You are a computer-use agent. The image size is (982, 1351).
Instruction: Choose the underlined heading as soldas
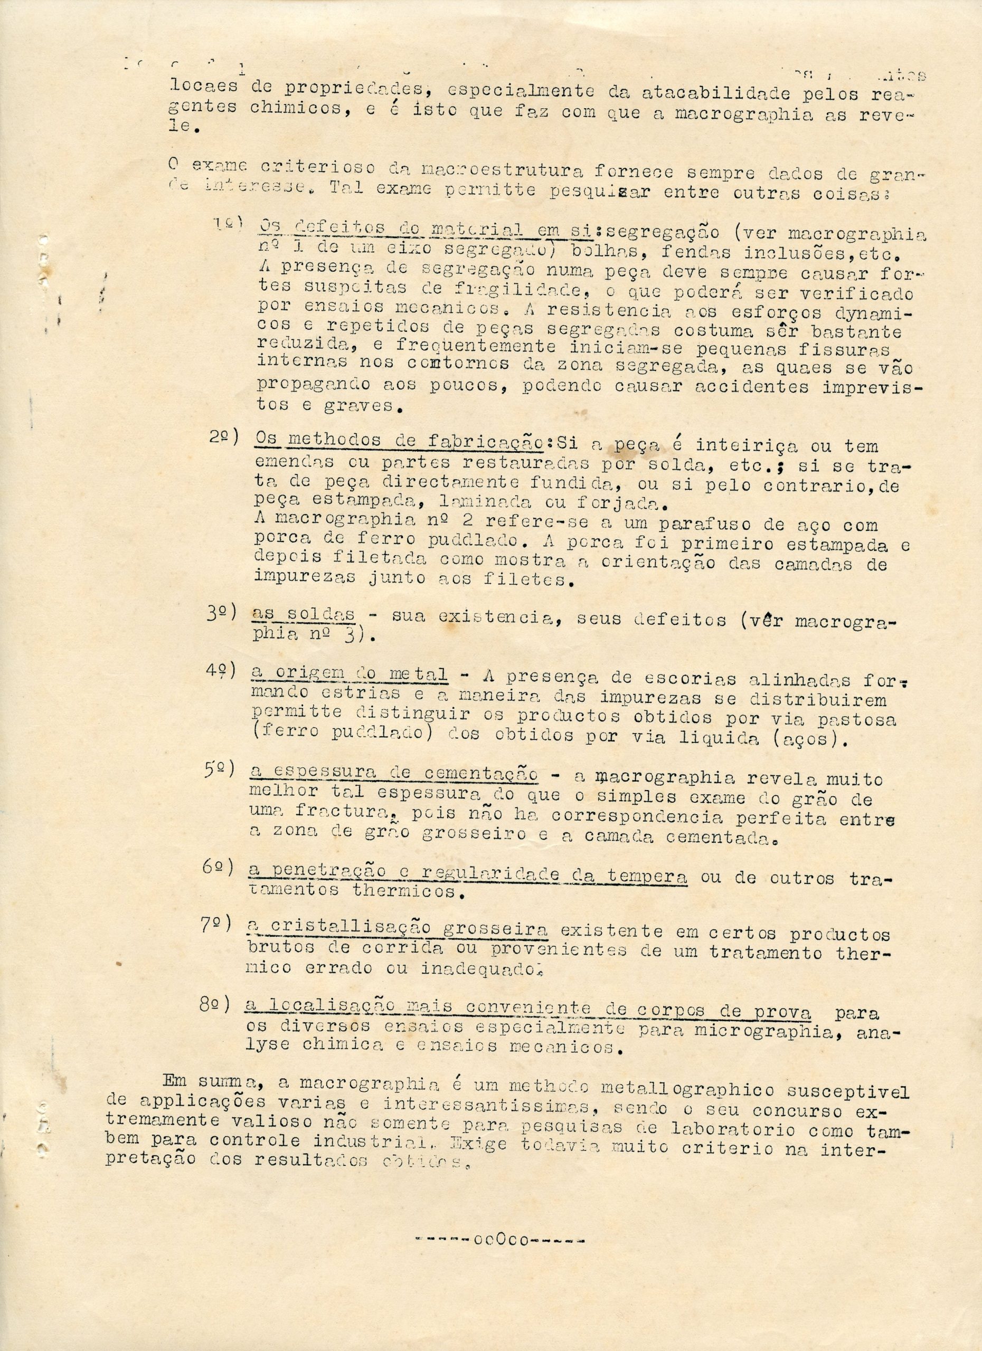[x=303, y=615]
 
